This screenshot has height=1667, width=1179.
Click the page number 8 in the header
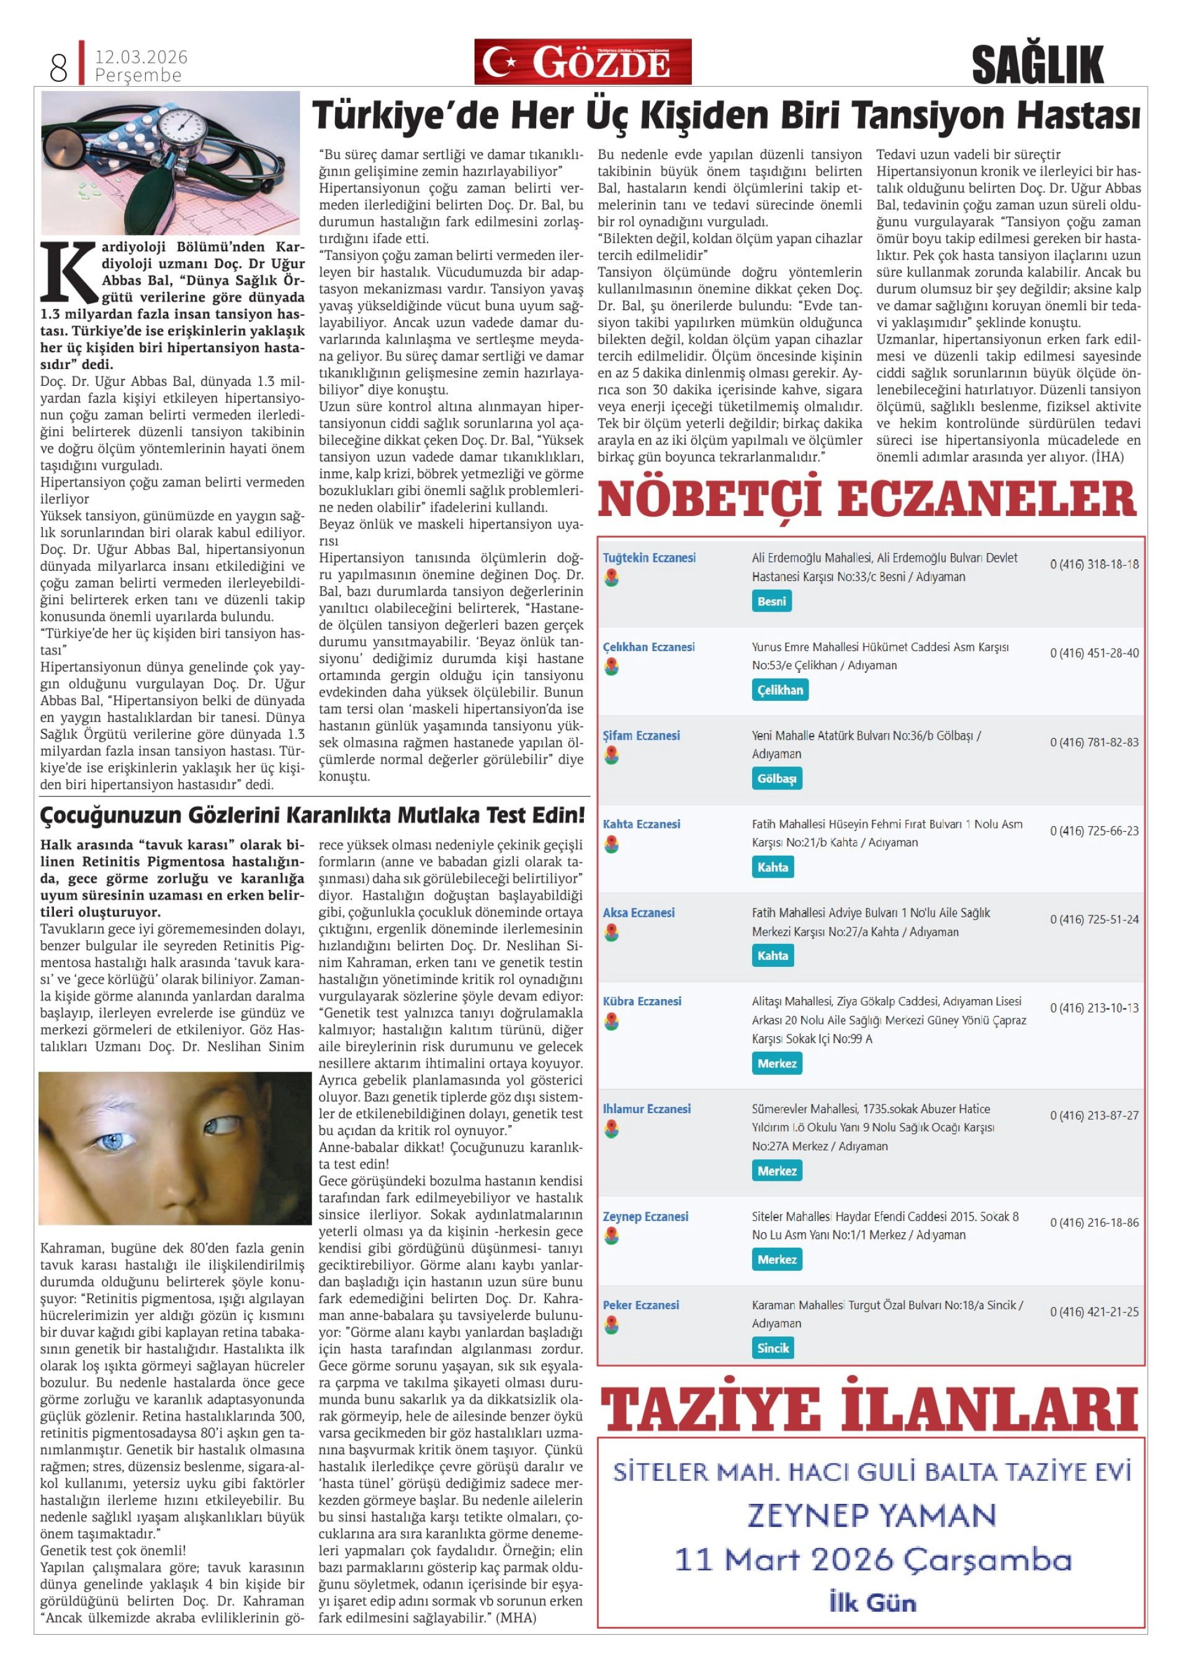tap(58, 68)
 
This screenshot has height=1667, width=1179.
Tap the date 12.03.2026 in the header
tap(141, 56)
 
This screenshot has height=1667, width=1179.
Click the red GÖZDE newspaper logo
tap(582, 62)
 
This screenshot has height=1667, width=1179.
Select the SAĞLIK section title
tap(1037, 64)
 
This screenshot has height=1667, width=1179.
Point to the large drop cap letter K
tap(69, 272)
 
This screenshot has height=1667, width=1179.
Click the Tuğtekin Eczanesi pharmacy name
tap(648, 558)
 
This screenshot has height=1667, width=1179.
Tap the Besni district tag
tap(771, 601)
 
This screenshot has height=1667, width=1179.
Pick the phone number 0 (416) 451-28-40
tap(1093, 652)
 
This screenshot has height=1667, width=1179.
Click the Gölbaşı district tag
tap(776, 778)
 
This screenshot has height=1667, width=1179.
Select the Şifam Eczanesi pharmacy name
tap(641, 736)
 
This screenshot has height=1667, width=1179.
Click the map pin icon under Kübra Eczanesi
tap(612, 1021)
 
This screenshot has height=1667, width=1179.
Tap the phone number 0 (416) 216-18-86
tap(1093, 1223)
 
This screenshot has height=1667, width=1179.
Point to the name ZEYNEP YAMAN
tap(871, 1515)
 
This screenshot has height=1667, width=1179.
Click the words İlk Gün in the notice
tap(872, 1603)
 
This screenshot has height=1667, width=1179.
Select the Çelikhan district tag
tap(779, 690)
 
